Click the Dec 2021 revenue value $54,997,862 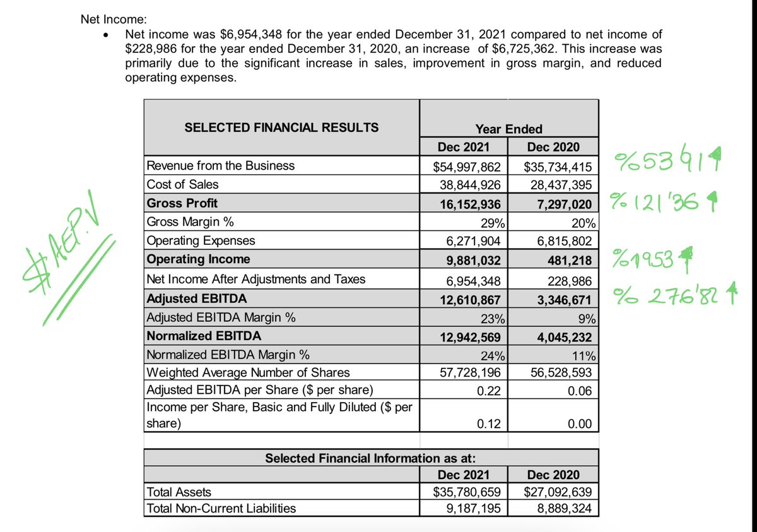pyautogui.click(x=467, y=167)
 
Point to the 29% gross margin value pyautogui.click(x=491, y=223)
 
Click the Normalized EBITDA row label pyautogui.click(x=204, y=336)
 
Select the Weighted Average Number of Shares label pyautogui.click(x=247, y=372)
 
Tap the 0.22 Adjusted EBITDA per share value pyautogui.click(x=489, y=391)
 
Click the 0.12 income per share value pyautogui.click(x=489, y=423)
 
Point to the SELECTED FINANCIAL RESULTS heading pyautogui.click(x=281, y=127)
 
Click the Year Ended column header pyautogui.click(x=508, y=129)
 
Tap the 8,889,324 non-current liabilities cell pyautogui.click(x=561, y=508)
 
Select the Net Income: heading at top pyautogui.click(x=105, y=20)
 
